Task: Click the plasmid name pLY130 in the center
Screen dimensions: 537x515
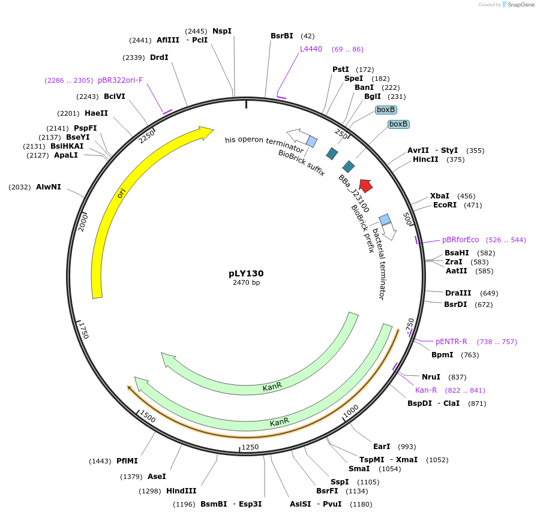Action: [x=246, y=273]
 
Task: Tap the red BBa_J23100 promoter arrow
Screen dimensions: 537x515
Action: [x=365, y=186]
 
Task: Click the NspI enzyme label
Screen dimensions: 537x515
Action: [x=221, y=31]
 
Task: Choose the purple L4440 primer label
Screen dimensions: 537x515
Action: [x=311, y=49]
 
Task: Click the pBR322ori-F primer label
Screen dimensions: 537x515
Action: [x=120, y=80]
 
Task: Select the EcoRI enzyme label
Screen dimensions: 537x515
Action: [x=445, y=205]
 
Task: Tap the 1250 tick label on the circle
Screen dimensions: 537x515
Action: [x=250, y=447]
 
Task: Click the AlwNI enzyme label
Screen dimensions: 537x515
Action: [x=48, y=187]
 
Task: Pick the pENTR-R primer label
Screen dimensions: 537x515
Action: [x=451, y=342]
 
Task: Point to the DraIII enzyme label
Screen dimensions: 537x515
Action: [x=458, y=293]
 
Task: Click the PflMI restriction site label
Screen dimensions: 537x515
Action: [x=127, y=461]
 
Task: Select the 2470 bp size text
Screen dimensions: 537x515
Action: [x=246, y=283]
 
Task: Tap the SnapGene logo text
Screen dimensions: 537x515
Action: [x=518, y=5]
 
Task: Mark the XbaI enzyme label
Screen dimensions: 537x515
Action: [x=440, y=196]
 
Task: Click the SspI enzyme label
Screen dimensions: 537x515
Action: [x=340, y=482]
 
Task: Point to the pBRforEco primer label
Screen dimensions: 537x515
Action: [x=461, y=240]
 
